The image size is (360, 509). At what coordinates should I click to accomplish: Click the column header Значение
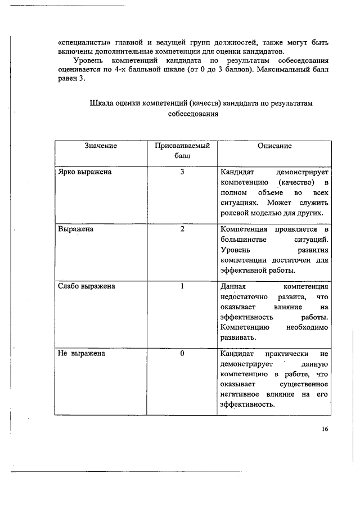[x=101, y=146]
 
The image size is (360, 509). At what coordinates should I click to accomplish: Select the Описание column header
[x=274, y=146]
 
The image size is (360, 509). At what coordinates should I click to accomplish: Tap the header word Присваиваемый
[x=182, y=146]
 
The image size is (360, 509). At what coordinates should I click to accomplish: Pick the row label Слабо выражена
[x=87, y=286]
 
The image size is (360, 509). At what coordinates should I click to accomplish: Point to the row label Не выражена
[x=81, y=354]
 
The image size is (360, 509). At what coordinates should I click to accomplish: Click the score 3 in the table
[x=182, y=172]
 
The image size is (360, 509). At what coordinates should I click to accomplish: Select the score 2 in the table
[x=182, y=229]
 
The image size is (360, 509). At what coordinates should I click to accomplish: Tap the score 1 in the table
[x=182, y=286]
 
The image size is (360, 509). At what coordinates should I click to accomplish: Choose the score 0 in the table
[x=182, y=354]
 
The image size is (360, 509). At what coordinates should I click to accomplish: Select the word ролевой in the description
[x=236, y=213]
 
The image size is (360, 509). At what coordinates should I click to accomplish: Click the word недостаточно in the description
[x=244, y=297]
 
